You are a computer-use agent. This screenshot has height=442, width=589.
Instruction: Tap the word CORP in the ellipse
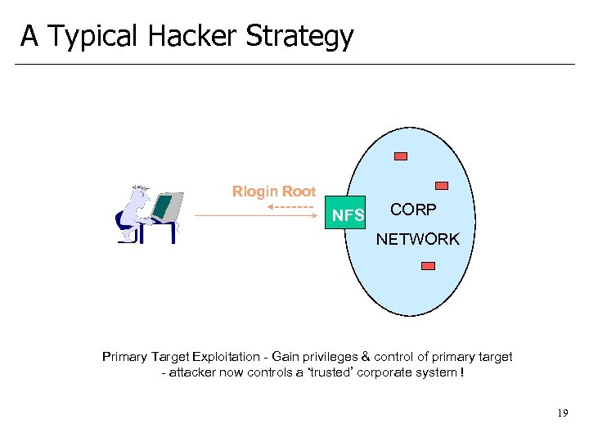[413, 210]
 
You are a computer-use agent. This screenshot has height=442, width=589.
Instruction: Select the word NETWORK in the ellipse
[417, 239]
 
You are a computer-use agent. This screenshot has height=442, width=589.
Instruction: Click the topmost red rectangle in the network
[401, 156]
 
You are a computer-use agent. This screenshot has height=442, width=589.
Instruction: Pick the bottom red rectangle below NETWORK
[428, 265]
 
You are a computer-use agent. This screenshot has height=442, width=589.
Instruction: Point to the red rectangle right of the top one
[441, 185]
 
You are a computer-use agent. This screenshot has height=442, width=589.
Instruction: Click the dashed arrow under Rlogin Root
[291, 205]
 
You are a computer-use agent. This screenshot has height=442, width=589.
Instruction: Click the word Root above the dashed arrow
[299, 192]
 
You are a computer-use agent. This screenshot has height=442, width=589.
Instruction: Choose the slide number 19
[561, 413]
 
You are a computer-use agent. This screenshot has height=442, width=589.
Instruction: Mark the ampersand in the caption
[366, 357]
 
